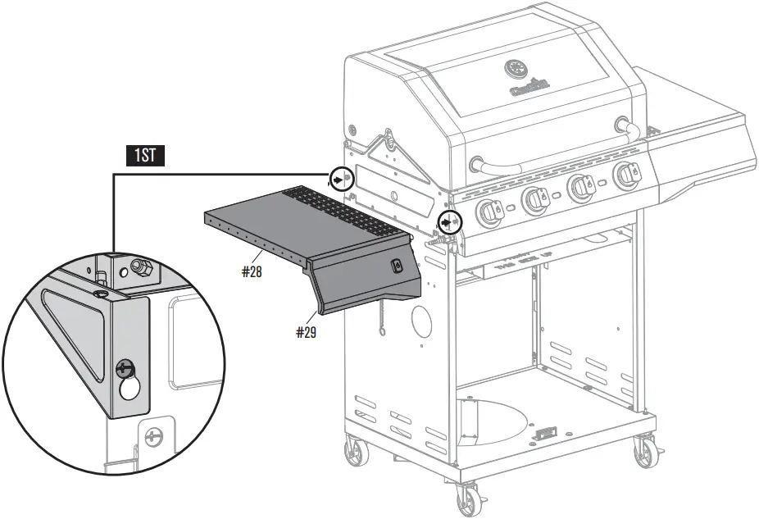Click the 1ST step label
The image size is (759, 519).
tap(144, 156)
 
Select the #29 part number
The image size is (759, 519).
tap(306, 332)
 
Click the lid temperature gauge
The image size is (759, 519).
tap(516, 67)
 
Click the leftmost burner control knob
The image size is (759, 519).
tap(490, 212)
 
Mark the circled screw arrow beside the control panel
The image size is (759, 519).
tap(448, 221)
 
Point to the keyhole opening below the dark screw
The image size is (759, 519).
tap(130, 389)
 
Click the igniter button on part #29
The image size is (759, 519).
tap(397, 266)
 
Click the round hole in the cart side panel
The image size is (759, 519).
tap(421, 322)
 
